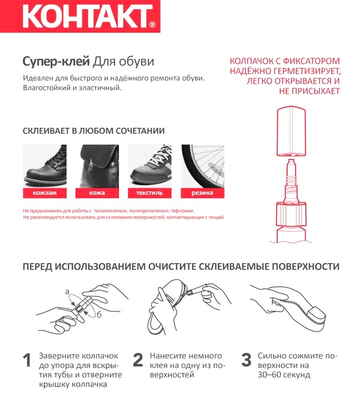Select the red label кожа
[x=97, y=193]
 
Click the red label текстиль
[x=149, y=193]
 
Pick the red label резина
[x=202, y=193]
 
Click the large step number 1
[x=27, y=361]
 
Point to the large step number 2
[x=138, y=361]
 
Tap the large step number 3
[x=246, y=361]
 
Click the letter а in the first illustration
[x=67, y=291]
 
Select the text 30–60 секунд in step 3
[x=284, y=375]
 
